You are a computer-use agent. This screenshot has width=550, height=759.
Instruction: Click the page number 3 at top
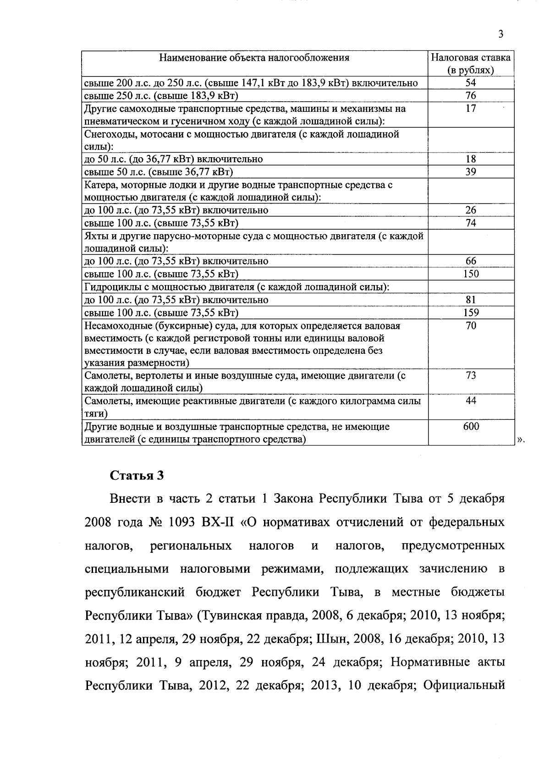click(500, 34)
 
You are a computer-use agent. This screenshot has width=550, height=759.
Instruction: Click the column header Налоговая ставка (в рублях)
click(471, 64)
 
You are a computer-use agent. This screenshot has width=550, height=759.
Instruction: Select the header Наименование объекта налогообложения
click(254, 58)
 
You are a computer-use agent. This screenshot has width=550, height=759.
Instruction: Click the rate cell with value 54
click(471, 83)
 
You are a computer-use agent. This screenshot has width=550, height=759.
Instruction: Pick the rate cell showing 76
click(471, 96)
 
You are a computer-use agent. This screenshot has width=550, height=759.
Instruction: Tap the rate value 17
click(471, 109)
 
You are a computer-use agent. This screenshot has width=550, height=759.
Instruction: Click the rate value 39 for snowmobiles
click(471, 172)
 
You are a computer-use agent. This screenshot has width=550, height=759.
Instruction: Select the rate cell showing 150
click(471, 274)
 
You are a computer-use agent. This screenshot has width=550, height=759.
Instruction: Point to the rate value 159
click(471, 313)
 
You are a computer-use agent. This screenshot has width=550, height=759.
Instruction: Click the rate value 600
click(471, 427)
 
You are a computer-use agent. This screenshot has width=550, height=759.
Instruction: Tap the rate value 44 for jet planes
click(471, 401)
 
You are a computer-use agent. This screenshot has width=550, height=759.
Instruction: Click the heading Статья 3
click(137, 475)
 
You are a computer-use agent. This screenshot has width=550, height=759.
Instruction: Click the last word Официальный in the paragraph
click(464, 686)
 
